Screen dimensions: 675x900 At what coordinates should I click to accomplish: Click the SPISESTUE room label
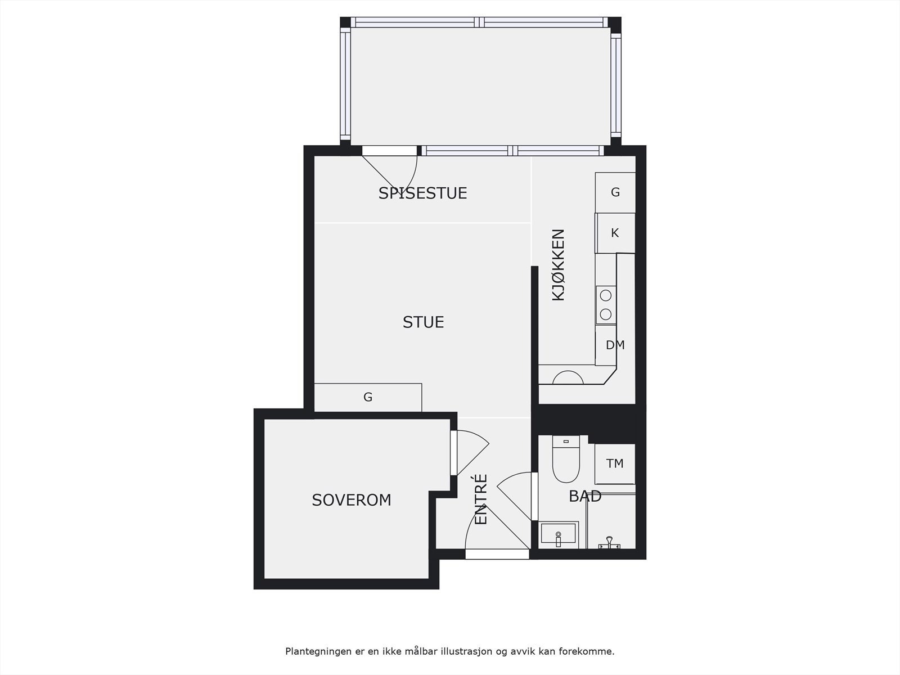click(422, 193)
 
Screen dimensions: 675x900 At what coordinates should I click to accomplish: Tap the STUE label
click(423, 322)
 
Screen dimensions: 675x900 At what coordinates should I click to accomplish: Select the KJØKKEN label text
click(558, 264)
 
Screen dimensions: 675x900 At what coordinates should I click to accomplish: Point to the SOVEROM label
click(352, 500)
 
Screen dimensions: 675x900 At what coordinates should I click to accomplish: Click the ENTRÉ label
click(481, 499)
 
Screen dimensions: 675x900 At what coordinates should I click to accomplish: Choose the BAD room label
click(585, 496)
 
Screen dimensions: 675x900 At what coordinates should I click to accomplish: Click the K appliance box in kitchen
click(615, 233)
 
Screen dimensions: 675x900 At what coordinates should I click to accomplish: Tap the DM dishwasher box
click(615, 345)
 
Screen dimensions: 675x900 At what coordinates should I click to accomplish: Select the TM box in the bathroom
click(615, 463)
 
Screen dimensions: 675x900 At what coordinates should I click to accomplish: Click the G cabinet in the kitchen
click(615, 192)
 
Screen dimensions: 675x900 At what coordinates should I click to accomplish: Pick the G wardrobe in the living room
click(368, 397)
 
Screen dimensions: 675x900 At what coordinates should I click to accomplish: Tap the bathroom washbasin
click(558, 534)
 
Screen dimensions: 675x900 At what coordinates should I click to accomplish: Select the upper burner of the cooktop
click(606, 295)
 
